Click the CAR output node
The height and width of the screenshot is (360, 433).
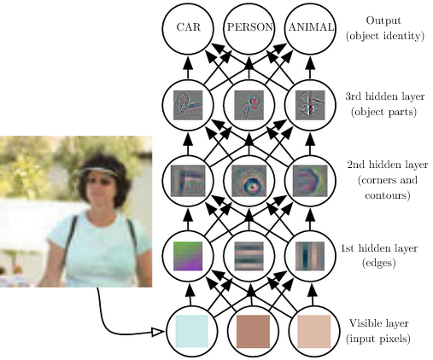pyautogui.click(x=188, y=28)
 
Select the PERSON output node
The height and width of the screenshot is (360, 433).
pyautogui.click(x=249, y=28)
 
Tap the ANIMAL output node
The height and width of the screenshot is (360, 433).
pyautogui.click(x=310, y=28)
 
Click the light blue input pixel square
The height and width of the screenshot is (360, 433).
pyautogui.click(x=192, y=331)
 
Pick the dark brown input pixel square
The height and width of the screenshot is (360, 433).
pyautogui.click(x=253, y=331)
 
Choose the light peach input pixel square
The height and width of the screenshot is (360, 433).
pyautogui.click(x=314, y=331)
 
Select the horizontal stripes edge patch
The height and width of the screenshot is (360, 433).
pyautogui.click(x=249, y=256)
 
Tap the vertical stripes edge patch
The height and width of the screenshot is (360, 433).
pyautogui.click(x=310, y=256)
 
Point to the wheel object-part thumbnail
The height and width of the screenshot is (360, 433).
pyautogui.click(x=188, y=105)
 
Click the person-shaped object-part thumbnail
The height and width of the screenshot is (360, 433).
pyautogui.click(x=249, y=105)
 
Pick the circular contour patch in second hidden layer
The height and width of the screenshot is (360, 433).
pyautogui.click(x=249, y=181)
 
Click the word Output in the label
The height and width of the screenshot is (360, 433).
pyautogui.click(x=383, y=20)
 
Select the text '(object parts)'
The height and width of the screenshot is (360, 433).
pyautogui.click(x=383, y=112)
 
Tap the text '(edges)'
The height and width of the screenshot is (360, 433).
pyautogui.click(x=379, y=263)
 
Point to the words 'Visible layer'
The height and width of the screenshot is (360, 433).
pyautogui.click(x=379, y=323)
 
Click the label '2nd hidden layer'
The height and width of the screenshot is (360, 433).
pyautogui.click(x=388, y=165)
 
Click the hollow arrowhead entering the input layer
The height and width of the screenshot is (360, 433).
pyautogui.click(x=157, y=332)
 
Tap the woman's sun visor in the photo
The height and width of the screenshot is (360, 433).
pyautogui.click(x=97, y=171)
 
